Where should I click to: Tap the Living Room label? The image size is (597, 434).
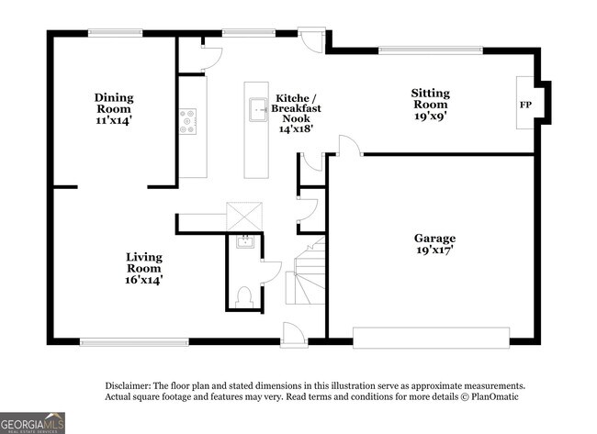[144, 268]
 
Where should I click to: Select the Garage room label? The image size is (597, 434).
[434, 243]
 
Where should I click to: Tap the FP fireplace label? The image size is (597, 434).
[525, 105]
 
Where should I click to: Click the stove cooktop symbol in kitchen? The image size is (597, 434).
[188, 122]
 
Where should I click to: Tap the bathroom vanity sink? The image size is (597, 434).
[244, 242]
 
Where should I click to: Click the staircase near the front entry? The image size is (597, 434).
[308, 276]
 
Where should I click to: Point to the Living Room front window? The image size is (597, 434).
[134, 342]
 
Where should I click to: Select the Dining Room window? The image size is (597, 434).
[114, 34]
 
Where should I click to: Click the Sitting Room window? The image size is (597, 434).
[431, 50]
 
